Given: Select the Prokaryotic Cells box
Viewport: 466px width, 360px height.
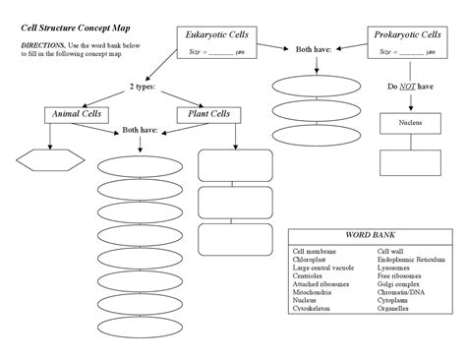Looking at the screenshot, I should click(x=406, y=42).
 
